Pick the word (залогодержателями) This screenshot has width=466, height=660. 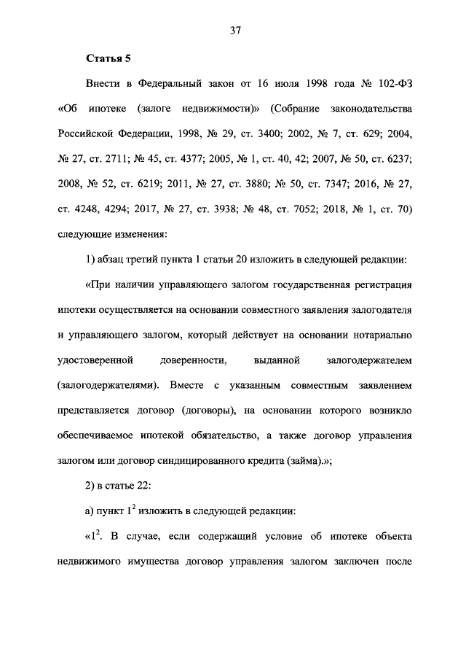[x=108, y=384]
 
